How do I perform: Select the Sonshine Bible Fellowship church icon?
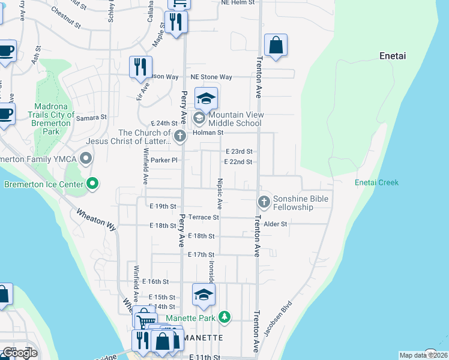(x=263, y=201)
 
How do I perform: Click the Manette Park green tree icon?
(x=224, y=316)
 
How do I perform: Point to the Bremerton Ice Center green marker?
(x=92, y=184)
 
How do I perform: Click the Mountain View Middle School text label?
(x=235, y=119)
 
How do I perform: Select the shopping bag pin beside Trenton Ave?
(x=276, y=46)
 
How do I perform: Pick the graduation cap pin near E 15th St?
(x=203, y=295)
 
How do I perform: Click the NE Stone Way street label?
(x=211, y=77)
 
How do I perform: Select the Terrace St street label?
(x=203, y=217)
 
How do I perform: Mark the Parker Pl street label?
(x=164, y=160)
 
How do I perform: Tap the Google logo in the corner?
(x=19, y=352)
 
